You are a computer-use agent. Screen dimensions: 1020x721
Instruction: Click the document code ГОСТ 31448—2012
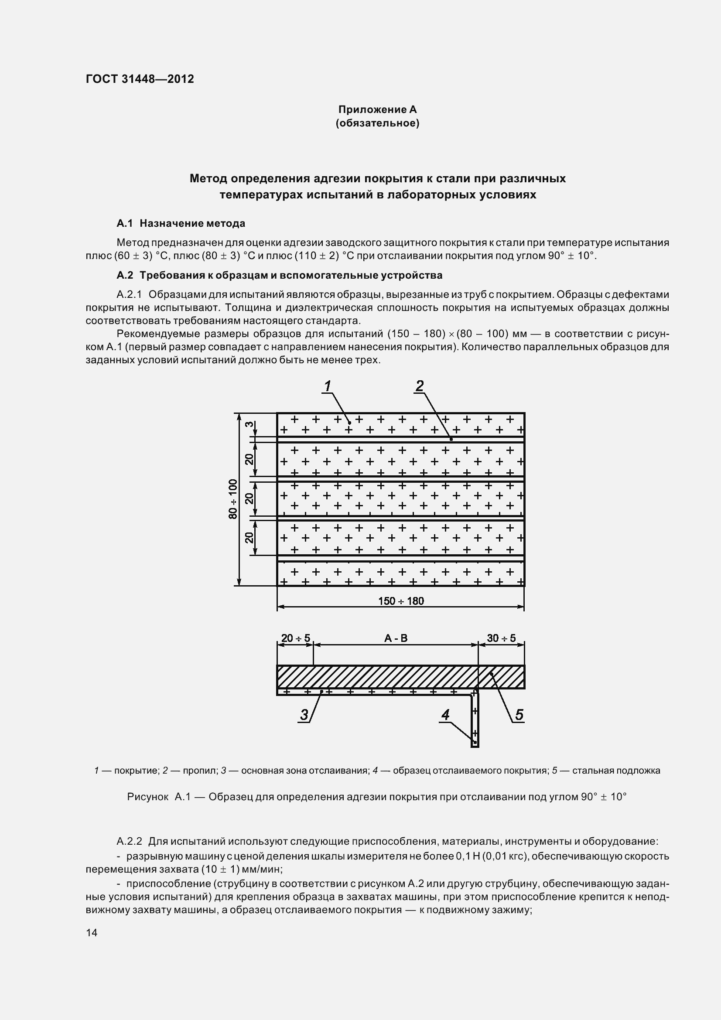(140, 79)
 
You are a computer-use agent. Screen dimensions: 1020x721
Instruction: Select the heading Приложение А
(377, 109)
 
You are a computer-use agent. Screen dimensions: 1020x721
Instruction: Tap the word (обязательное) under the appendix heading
(377, 123)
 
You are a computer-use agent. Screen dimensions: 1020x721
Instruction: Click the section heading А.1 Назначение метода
(181, 223)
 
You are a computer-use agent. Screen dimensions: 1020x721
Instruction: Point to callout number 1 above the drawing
(328, 386)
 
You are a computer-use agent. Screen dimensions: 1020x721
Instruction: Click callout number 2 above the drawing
(419, 386)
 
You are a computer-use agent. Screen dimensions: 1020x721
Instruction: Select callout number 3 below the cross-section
(304, 715)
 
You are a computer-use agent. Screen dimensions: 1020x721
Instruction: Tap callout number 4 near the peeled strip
(445, 715)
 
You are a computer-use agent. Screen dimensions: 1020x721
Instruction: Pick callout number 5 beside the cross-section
(519, 715)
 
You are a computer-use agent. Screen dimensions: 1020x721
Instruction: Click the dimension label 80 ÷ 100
(233, 499)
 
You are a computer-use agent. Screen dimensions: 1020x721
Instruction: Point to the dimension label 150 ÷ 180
(401, 601)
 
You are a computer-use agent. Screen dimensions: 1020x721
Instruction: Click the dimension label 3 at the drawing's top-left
(250, 424)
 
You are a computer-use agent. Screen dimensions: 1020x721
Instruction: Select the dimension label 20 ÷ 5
(295, 638)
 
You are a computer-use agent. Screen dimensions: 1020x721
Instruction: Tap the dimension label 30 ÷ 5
(501, 638)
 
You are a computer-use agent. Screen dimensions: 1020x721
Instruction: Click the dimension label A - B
(395, 638)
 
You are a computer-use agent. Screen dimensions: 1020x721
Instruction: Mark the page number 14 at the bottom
(92, 932)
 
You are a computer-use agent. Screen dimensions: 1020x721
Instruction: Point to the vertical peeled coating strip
(475, 720)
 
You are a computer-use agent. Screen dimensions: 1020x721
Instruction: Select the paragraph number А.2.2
(129, 841)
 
